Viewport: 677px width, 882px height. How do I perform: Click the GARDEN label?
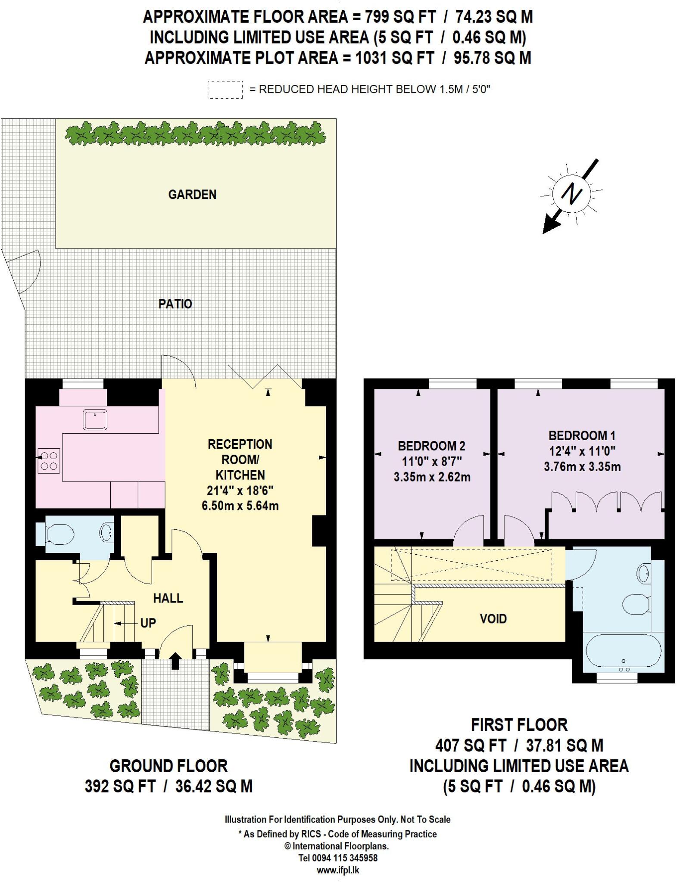[192, 195]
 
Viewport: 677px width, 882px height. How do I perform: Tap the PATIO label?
[175, 304]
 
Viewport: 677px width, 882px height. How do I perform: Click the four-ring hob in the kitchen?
[49, 461]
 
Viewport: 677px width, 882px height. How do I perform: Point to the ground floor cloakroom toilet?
[59, 534]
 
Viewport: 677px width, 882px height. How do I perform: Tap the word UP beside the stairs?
[148, 623]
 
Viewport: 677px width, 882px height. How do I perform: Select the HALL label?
[168, 598]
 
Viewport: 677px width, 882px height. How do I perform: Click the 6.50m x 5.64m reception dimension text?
[240, 506]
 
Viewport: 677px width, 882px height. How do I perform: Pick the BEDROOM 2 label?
[431, 446]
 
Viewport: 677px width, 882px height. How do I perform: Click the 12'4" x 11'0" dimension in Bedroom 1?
[582, 451]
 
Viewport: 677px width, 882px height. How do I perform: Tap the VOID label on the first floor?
[493, 619]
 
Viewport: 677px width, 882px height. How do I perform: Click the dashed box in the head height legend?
[225, 90]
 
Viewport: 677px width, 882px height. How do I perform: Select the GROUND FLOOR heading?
[168, 766]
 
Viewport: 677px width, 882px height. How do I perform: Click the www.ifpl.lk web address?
[338, 870]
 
